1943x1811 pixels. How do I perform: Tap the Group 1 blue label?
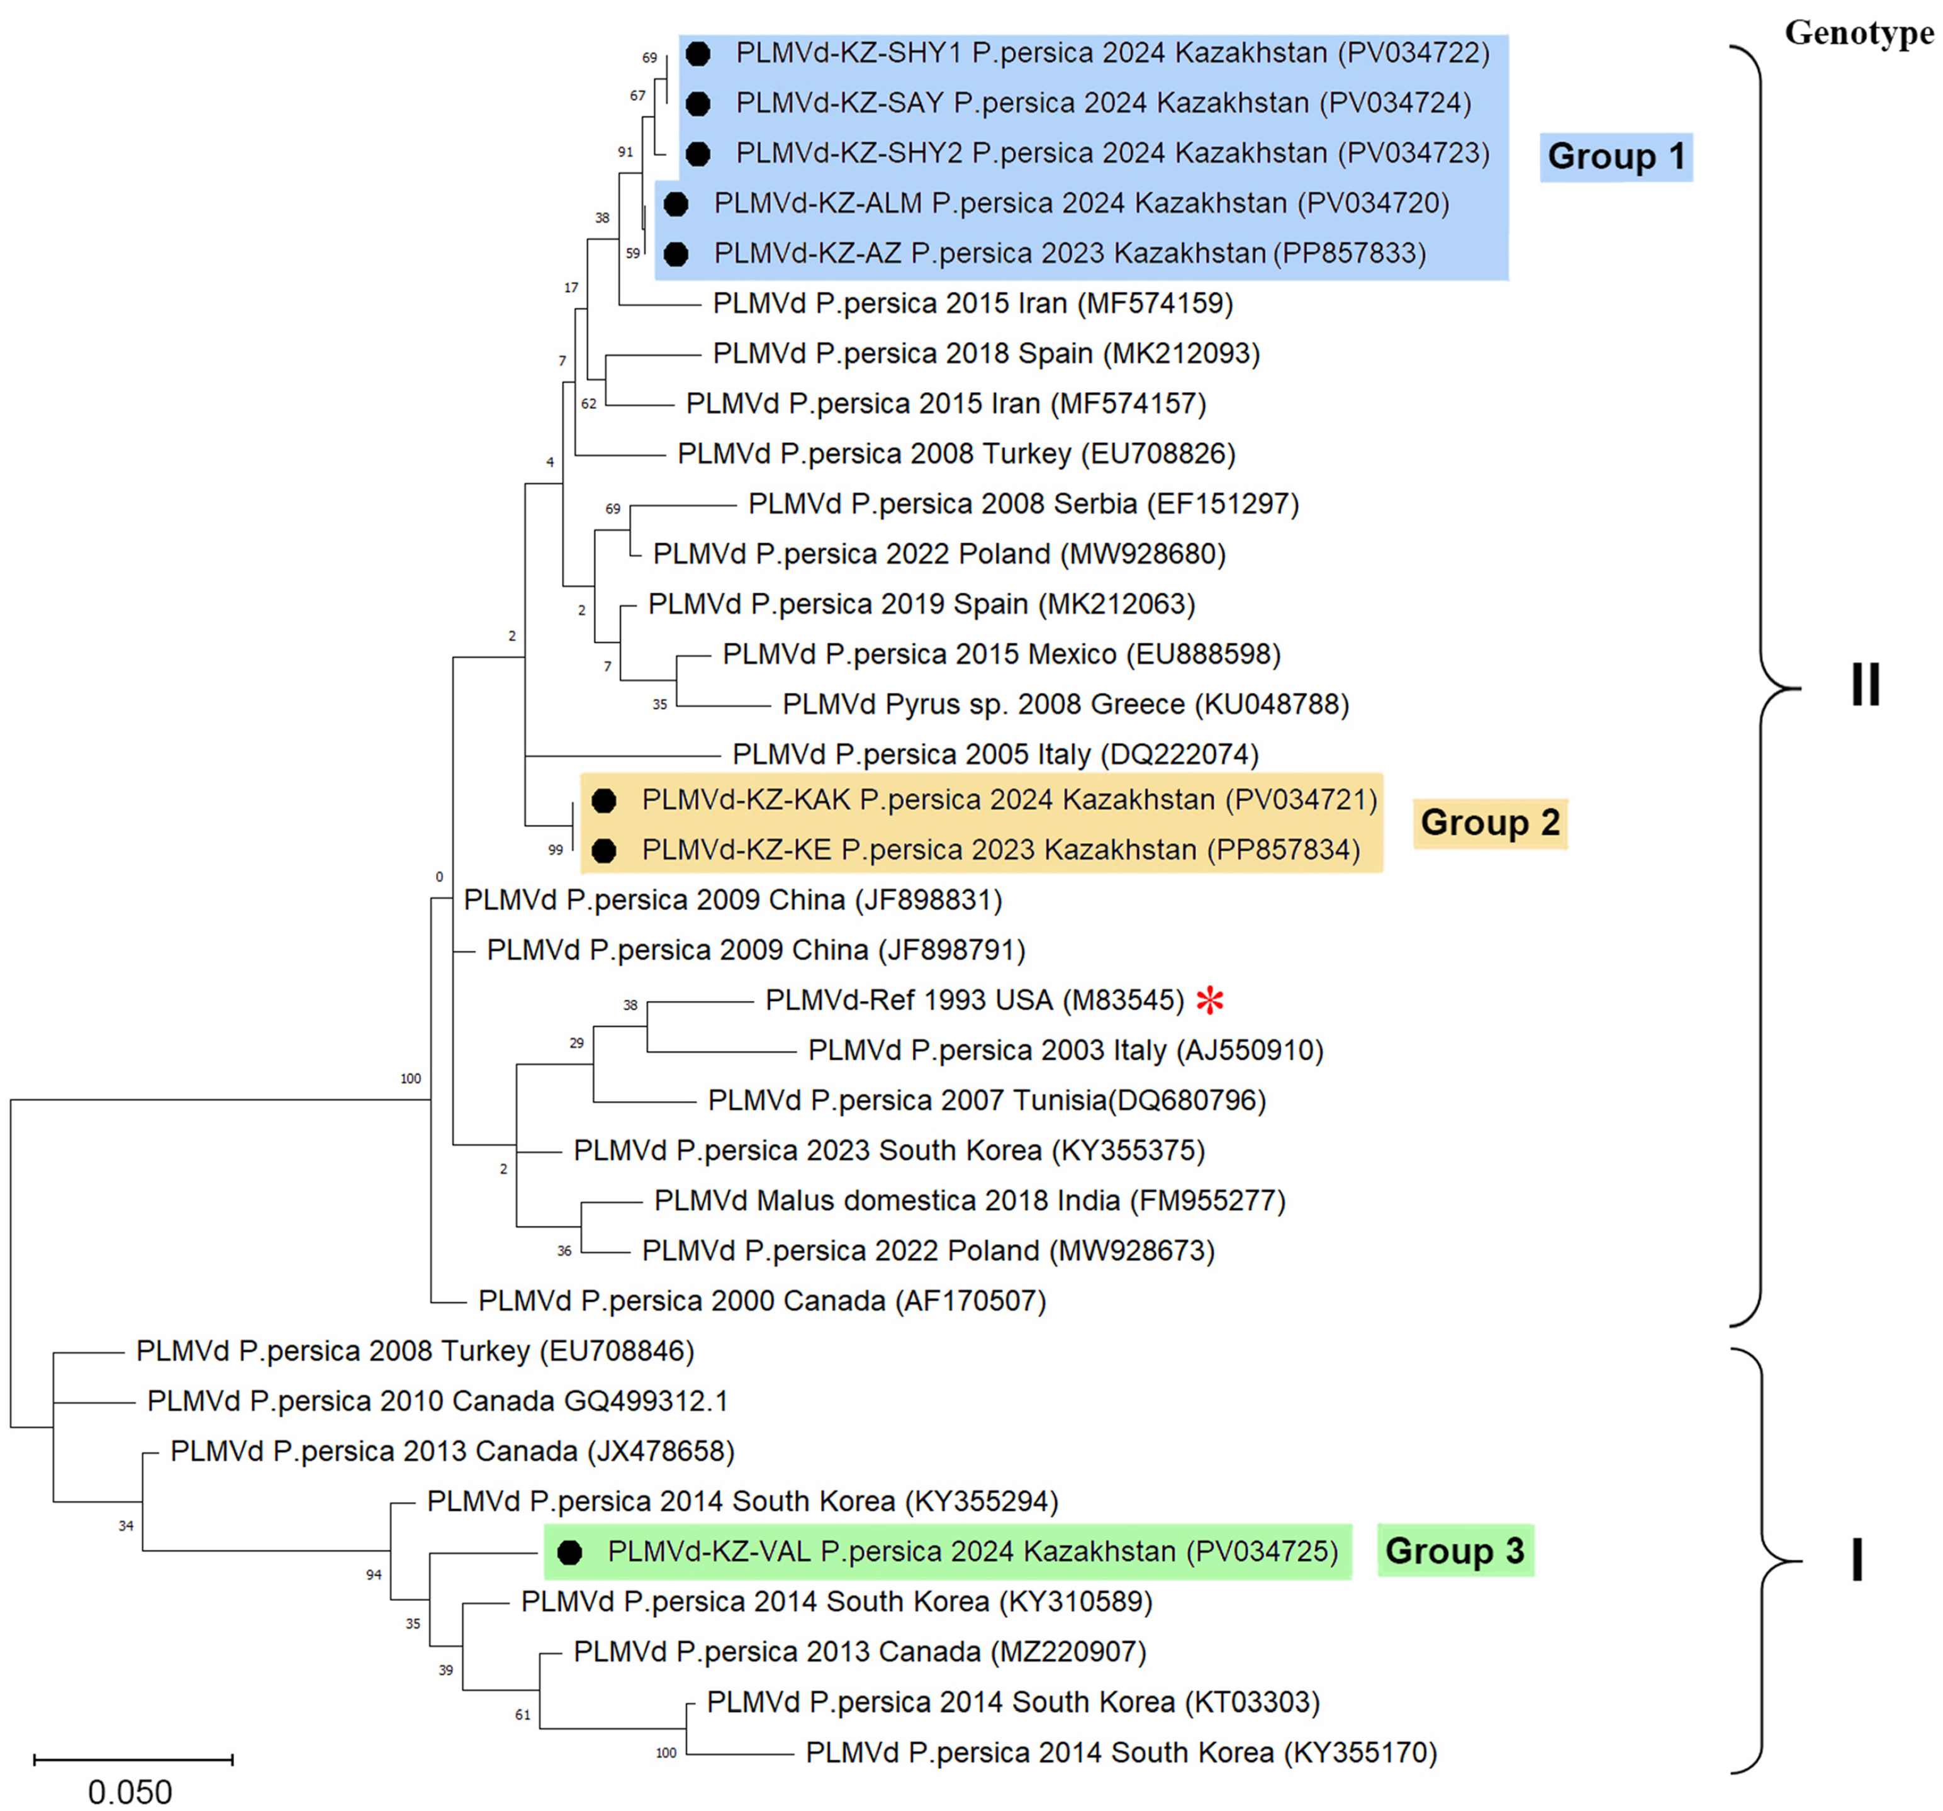pyautogui.click(x=1616, y=157)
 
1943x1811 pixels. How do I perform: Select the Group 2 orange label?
pyautogui.click(x=1489, y=823)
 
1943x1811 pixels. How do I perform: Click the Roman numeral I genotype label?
pyautogui.click(x=1857, y=1561)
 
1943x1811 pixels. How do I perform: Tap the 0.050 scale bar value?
pyautogui.click(x=130, y=1792)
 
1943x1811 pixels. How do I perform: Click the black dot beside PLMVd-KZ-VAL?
pyautogui.click(x=570, y=1552)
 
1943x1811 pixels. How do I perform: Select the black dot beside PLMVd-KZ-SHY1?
pyautogui.click(x=698, y=53)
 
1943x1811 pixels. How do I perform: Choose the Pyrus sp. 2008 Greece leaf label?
pyautogui.click(x=1065, y=705)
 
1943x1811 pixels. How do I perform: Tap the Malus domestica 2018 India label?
pyautogui.click(x=970, y=1200)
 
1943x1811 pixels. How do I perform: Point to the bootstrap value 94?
pyautogui.click(x=373, y=1574)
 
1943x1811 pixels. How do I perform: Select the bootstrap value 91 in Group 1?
pyautogui.click(x=625, y=152)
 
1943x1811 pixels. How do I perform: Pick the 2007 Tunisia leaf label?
pyautogui.click(x=986, y=1101)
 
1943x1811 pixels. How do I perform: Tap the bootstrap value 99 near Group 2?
pyautogui.click(x=555, y=850)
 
